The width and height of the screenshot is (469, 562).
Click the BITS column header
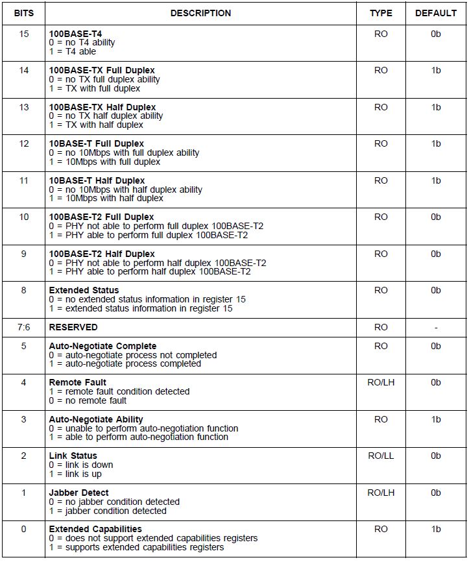(x=24, y=13)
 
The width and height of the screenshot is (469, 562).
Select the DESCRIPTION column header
(x=200, y=13)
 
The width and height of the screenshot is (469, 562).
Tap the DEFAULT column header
(x=436, y=13)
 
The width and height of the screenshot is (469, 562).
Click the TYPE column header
(x=381, y=13)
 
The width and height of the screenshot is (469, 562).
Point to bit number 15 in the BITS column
(x=24, y=34)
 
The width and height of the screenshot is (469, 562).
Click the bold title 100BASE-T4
(x=75, y=34)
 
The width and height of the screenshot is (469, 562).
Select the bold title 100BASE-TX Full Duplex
(x=102, y=70)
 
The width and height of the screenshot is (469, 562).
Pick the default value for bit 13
(x=436, y=107)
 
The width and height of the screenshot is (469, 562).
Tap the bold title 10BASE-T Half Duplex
(x=97, y=180)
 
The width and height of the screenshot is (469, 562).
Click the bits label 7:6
(x=24, y=327)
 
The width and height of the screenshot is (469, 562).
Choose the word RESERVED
(x=73, y=327)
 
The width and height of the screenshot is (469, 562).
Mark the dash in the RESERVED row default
(x=436, y=327)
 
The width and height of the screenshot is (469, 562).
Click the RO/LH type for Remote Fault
(x=381, y=382)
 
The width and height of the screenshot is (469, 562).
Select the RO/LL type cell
(x=381, y=456)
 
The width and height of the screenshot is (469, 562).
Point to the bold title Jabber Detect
(x=78, y=493)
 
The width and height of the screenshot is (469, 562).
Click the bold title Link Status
(x=73, y=456)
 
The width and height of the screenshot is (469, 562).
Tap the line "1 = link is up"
(x=80, y=474)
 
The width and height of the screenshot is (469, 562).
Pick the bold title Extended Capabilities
(x=95, y=529)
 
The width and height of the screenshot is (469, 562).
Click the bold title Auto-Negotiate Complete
(x=102, y=346)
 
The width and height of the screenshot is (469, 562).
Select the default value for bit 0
(x=436, y=529)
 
